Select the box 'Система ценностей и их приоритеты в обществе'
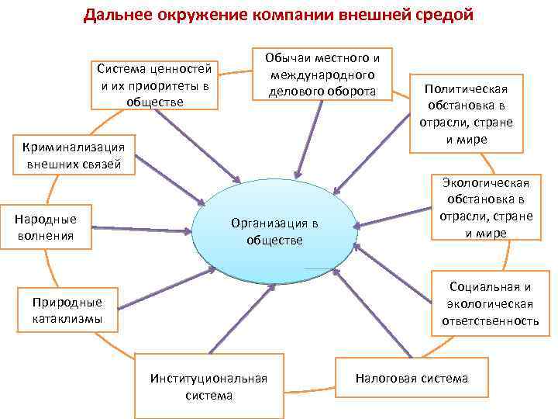(153, 85)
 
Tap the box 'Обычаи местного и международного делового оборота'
(322, 75)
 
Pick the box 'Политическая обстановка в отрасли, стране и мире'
(467, 113)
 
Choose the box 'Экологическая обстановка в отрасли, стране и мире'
(486, 208)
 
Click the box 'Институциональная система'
(209, 386)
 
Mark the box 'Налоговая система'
(412, 379)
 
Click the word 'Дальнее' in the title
(120, 15)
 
